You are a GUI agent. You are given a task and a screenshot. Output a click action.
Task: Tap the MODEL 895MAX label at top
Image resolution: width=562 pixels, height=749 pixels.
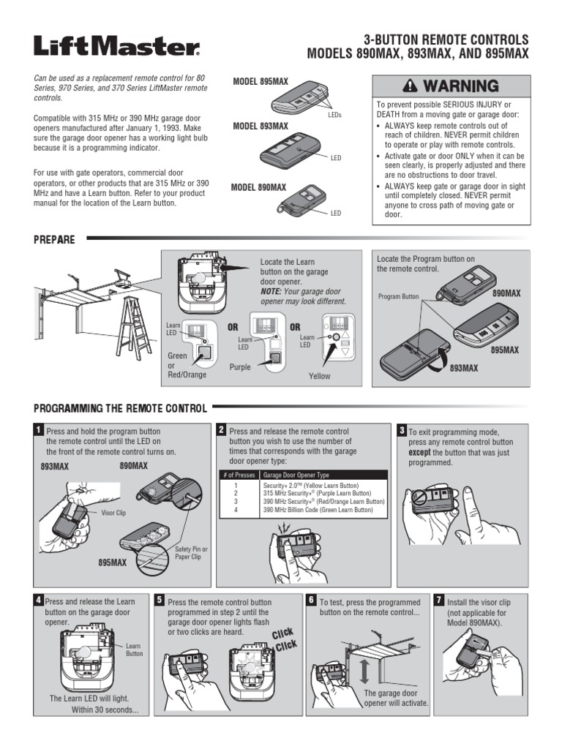(x=260, y=82)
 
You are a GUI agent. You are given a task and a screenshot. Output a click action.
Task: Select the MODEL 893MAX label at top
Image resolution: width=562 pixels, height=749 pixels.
(x=260, y=127)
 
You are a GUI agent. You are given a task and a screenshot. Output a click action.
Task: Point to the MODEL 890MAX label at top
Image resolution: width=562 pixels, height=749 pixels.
(x=259, y=188)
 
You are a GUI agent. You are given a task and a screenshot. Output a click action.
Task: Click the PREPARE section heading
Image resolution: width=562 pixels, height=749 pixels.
(x=54, y=238)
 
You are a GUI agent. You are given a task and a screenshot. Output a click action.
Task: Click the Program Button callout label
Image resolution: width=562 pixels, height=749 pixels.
(x=399, y=297)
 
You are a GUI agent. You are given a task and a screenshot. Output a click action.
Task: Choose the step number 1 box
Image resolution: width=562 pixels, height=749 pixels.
(x=39, y=429)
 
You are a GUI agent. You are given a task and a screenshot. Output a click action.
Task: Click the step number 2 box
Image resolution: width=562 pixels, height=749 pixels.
(x=220, y=429)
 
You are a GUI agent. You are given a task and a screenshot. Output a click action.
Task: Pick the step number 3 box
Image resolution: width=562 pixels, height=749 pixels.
(x=401, y=429)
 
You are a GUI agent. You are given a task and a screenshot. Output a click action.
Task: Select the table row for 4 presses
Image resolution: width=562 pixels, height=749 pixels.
(x=304, y=510)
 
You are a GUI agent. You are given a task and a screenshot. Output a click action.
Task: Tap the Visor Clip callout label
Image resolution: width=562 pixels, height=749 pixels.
(x=113, y=513)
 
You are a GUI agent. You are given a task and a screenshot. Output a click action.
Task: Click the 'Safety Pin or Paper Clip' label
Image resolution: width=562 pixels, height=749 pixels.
(x=190, y=553)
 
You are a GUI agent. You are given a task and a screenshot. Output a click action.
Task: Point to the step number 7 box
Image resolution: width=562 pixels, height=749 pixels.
(x=438, y=600)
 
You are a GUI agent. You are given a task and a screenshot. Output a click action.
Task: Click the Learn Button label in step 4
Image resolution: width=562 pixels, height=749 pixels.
(x=133, y=650)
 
